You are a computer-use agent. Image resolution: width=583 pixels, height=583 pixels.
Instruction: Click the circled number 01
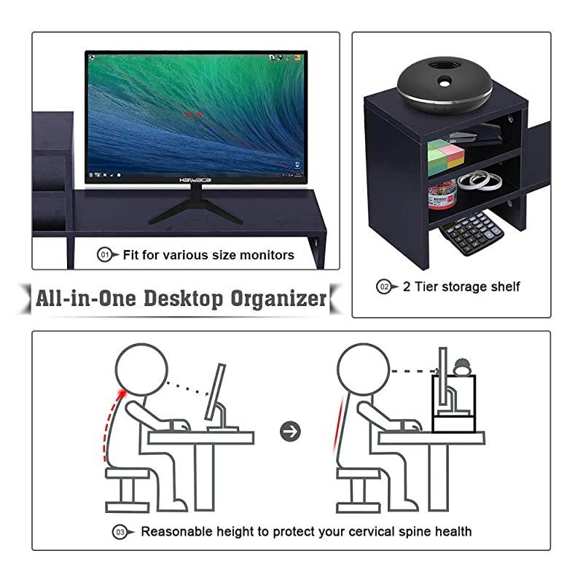(105, 255)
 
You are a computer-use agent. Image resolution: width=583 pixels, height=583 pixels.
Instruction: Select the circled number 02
(384, 286)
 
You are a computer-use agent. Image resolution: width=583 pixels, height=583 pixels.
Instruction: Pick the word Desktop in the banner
(173, 299)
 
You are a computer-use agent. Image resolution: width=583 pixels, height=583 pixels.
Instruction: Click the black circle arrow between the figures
(291, 431)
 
